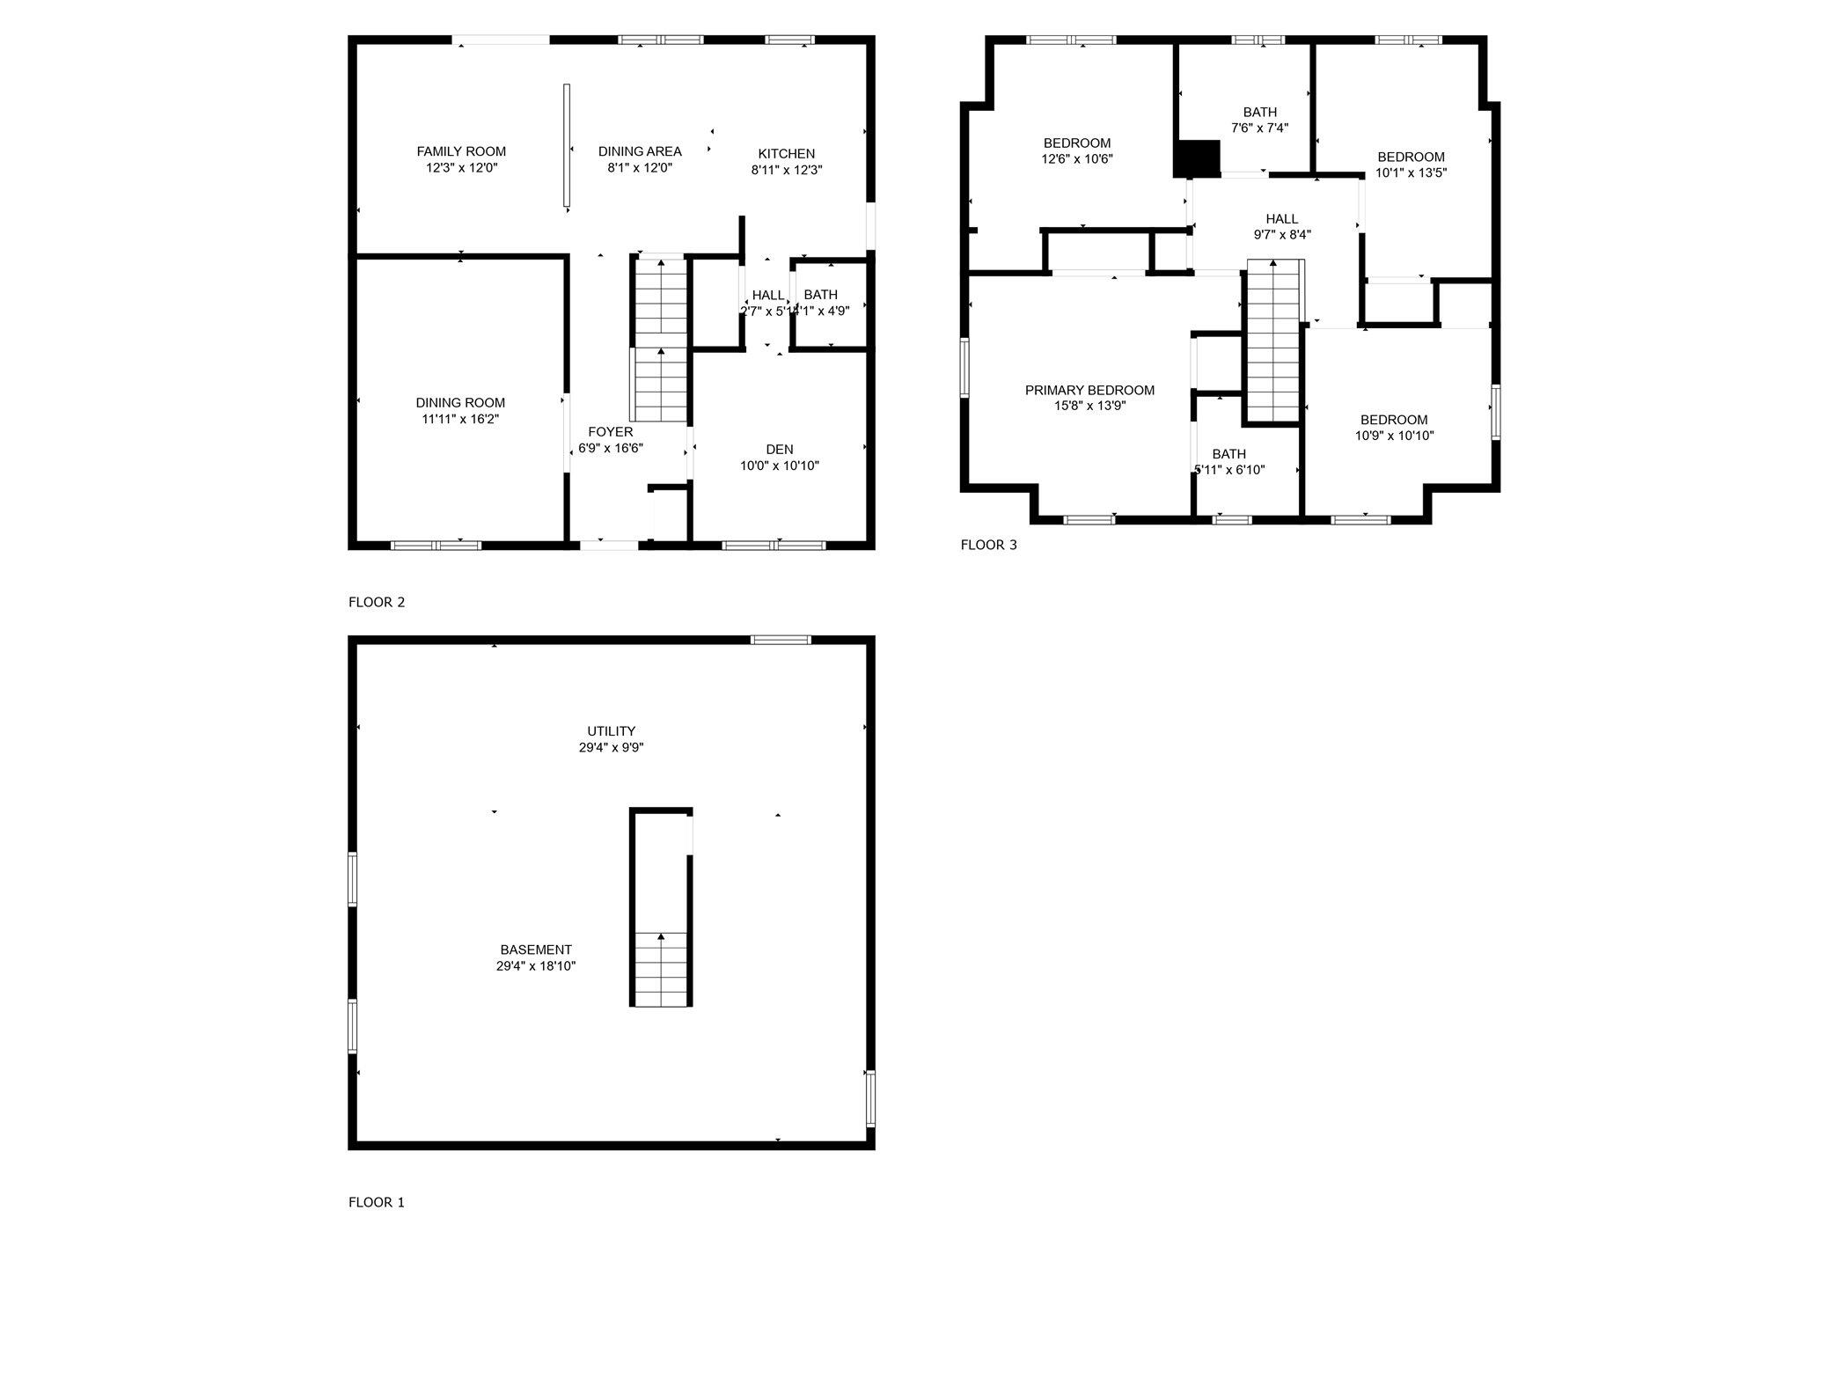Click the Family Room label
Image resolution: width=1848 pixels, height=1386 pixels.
461,151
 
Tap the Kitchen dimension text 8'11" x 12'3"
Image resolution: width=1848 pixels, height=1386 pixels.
786,170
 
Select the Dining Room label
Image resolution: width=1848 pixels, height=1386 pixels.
460,403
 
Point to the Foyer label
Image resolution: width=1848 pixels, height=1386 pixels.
610,432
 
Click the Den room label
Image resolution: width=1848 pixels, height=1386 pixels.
779,450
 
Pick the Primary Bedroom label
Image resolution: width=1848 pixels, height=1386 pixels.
1089,390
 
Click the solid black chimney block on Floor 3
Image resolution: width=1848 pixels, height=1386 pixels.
1197,158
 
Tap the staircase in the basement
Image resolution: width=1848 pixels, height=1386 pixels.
661,967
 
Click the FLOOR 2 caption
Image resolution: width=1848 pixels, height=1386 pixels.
377,602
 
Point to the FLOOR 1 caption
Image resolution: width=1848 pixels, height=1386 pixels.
377,1202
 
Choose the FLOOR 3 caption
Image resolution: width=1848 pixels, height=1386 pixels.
988,545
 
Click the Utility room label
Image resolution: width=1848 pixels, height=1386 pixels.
611,731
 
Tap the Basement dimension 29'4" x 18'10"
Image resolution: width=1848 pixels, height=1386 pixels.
536,965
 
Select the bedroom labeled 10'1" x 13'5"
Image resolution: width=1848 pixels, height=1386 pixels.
1411,165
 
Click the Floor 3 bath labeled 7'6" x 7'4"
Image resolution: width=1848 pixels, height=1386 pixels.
1259,120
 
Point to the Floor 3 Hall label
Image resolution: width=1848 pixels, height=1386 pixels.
1281,219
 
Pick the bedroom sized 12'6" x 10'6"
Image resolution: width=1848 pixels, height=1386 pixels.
1077,150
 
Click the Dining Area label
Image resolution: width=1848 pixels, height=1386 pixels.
640,151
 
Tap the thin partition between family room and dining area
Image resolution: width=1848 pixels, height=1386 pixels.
567,146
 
